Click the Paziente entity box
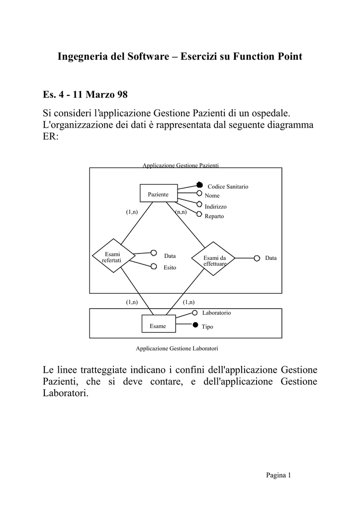(x=159, y=193)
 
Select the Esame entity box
(x=159, y=324)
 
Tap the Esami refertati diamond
(x=113, y=256)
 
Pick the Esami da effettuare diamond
(x=213, y=258)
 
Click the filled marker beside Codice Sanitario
(x=199, y=185)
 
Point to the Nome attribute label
(x=212, y=196)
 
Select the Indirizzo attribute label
(x=215, y=206)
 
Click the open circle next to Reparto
(x=199, y=214)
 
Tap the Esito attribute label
(x=170, y=267)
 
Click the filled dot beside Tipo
(x=195, y=325)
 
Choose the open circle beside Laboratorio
(x=195, y=313)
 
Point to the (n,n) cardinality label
(x=181, y=212)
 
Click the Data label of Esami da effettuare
(x=270, y=258)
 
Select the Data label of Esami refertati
(x=170, y=256)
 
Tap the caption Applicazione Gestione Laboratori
(x=177, y=348)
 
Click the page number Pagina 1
(x=278, y=475)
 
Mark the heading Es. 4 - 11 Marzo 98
(x=85, y=94)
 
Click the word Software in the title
(x=148, y=57)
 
